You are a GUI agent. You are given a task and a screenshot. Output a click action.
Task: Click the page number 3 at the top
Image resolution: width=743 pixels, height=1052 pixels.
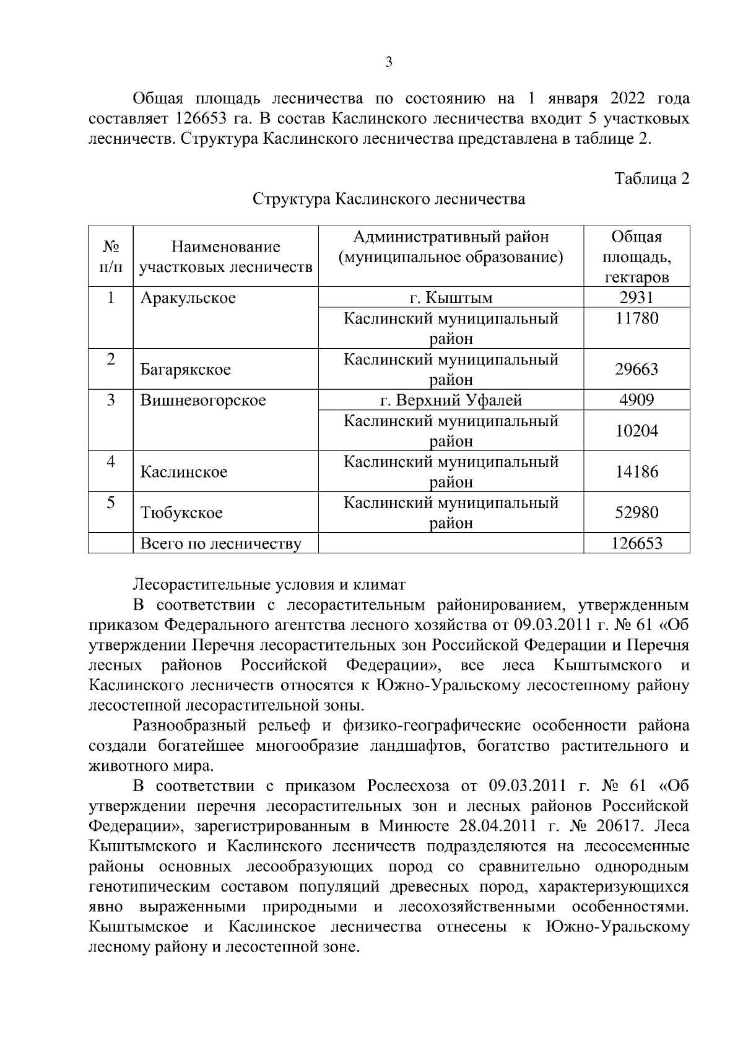pos(389,62)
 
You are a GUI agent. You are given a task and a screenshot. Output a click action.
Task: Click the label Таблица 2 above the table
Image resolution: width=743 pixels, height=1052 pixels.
pos(651,178)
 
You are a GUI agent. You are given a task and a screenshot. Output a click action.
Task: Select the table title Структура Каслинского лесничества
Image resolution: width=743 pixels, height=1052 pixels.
pos(389,199)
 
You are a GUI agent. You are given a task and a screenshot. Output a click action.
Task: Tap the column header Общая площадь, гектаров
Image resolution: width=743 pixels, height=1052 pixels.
pos(637,256)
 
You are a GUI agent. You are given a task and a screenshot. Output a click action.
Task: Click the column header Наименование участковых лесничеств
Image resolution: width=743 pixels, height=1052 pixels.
pos(226,257)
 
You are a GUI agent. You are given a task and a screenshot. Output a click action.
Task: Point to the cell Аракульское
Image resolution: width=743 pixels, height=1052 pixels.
pos(188,298)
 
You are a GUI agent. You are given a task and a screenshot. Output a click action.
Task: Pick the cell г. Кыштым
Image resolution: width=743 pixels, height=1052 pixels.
pos(451,298)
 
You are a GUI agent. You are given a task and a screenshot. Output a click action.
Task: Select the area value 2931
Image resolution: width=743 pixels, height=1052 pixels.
pos(637,297)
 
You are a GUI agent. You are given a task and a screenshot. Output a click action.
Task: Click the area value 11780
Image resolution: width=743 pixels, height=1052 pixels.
pos(637,318)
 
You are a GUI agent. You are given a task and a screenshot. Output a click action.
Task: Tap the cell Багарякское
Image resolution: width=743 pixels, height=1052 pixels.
pos(186,370)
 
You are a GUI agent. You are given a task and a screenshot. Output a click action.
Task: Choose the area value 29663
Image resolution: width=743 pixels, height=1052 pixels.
pos(637,369)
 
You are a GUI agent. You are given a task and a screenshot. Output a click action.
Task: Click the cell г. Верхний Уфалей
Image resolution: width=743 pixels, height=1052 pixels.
pos(451,400)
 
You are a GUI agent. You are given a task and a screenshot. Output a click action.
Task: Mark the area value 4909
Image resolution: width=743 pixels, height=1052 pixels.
pos(637,400)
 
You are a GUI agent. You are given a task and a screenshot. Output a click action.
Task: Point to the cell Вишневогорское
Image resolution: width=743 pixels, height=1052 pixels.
pos(203,400)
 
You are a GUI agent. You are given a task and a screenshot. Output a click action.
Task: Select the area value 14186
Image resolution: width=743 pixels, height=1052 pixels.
pos(637,471)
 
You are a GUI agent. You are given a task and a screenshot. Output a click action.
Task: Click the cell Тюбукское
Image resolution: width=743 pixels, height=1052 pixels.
pos(181,513)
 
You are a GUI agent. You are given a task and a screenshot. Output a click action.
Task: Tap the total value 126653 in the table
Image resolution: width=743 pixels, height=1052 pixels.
pos(637,543)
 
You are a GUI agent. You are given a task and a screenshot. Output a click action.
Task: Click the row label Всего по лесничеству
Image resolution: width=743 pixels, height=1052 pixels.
pos(221,544)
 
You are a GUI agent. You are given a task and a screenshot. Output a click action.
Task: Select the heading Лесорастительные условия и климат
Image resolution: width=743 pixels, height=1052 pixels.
pos(269,584)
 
